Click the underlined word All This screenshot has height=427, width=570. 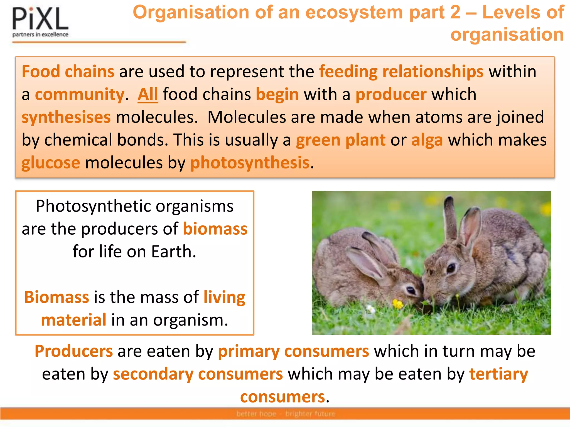pos(148,95)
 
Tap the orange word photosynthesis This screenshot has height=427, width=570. pos(250,163)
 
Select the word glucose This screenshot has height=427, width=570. pos(51,163)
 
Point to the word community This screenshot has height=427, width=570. pos(80,95)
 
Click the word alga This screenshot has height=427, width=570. pos(427,140)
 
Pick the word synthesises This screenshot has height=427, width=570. pos(66,117)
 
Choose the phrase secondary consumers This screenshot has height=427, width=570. pos(198,374)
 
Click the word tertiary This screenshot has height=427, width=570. pos(498,374)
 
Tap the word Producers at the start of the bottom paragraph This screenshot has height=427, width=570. pos(74,351)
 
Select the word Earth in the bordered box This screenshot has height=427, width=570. pos(173,252)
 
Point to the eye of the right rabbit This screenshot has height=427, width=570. pos(451,268)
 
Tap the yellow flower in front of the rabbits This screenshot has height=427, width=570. pos(398,304)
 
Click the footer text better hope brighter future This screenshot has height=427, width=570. pos(286,414)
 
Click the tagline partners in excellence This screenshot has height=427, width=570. pos(40,34)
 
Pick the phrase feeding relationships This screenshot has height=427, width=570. pos(401,72)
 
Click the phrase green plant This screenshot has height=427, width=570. pos(340,140)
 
